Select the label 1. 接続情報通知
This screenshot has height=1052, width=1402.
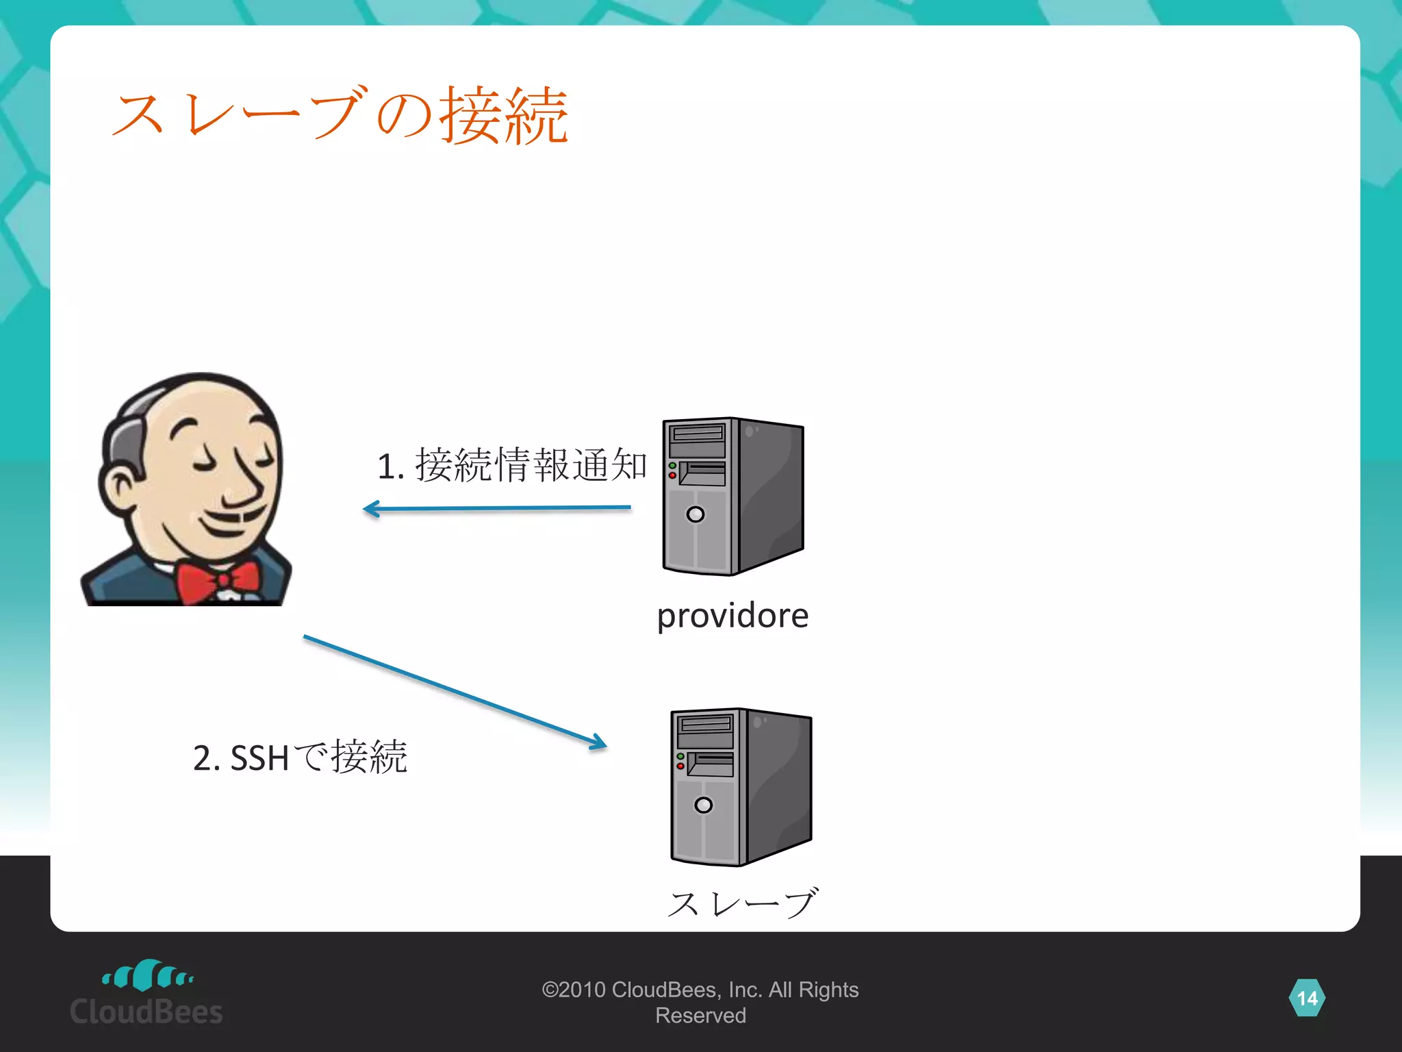pyautogui.click(x=511, y=465)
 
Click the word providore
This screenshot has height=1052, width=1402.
pyautogui.click(x=732, y=615)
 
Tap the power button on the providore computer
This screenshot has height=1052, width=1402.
pyautogui.click(x=695, y=514)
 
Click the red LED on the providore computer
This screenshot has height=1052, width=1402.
pyautogui.click(x=672, y=475)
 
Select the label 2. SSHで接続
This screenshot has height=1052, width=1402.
pyautogui.click(x=300, y=757)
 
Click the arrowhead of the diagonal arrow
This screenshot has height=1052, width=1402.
pyautogui.click(x=599, y=744)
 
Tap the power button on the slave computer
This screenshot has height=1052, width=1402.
pyautogui.click(x=703, y=805)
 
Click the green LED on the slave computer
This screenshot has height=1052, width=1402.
pyautogui.click(x=680, y=757)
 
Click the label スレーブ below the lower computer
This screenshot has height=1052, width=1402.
pyautogui.click(x=742, y=903)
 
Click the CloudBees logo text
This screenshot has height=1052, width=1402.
pyautogui.click(x=146, y=1012)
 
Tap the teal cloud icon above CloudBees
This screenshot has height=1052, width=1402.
pyautogui.click(x=147, y=975)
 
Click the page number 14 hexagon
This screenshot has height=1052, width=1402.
pyautogui.click(x=1307, y=998)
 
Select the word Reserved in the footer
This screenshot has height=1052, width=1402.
pyautogui.click(x=700, y=1016)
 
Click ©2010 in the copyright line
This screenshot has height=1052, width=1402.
pyautogui.click(x=574, y=990)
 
